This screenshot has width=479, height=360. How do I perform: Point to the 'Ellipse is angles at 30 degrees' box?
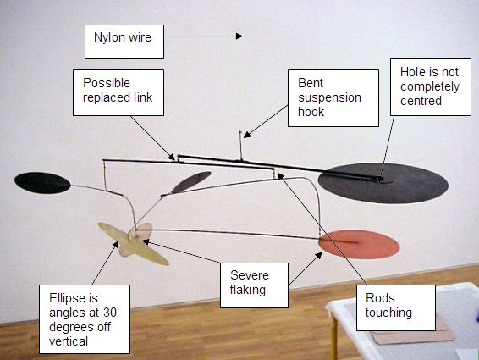[84, 318]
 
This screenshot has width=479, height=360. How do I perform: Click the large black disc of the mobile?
[383, 181]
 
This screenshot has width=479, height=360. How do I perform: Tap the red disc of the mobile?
[359, 244]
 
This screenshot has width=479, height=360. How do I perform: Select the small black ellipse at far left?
[42, 182]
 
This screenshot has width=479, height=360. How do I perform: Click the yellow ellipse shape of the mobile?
[135, 241]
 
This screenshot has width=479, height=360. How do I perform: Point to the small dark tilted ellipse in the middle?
[191, 181]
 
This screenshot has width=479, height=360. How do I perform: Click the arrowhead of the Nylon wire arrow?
[239, 36]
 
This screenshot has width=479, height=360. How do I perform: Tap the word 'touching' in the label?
[390, 313]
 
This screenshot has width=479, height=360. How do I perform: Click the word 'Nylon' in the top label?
[107, 36]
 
